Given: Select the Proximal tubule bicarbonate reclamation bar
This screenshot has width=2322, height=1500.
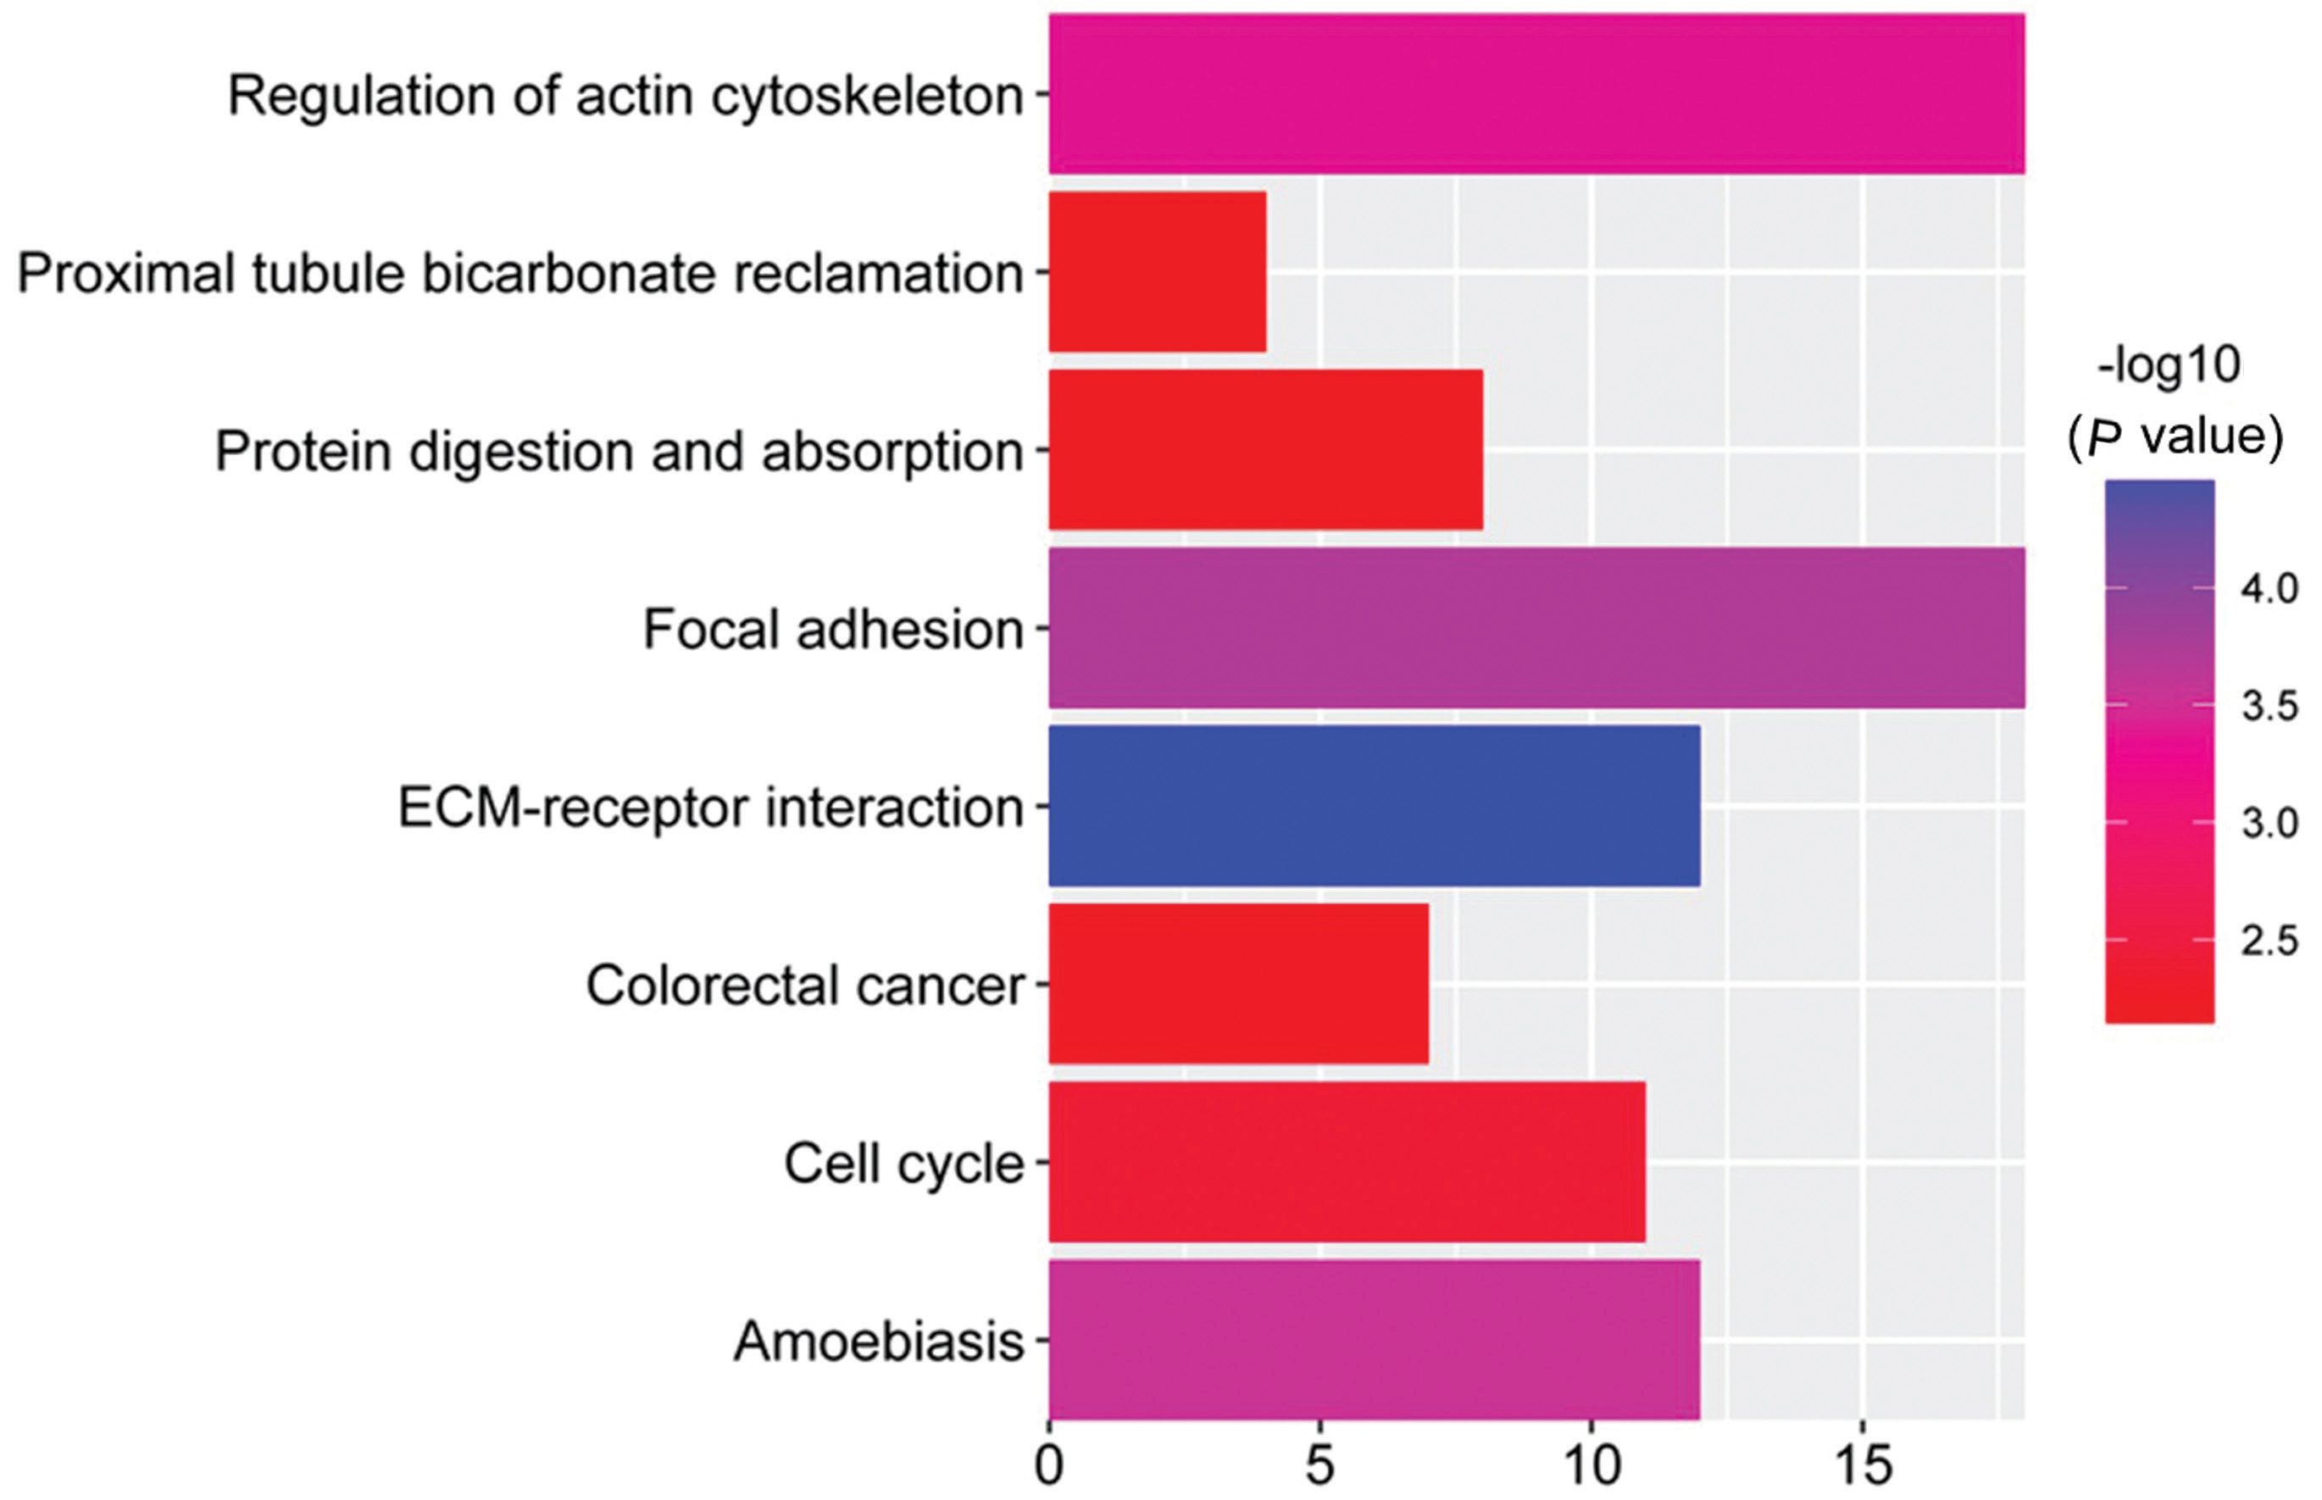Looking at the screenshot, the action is tap(1157, 272).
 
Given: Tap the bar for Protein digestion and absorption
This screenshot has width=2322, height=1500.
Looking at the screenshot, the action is tap(1265, 450).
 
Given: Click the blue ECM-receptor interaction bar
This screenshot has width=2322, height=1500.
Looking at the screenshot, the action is tap(1375, 806).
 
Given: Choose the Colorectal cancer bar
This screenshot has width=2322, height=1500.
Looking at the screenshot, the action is tap(1239, 984).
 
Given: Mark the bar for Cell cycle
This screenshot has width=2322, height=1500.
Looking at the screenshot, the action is tap(1347, 1162).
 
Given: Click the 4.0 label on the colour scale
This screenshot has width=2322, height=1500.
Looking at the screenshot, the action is tap(2269, 588).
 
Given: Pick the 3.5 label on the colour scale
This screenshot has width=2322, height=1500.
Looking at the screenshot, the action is tap(2269, 705).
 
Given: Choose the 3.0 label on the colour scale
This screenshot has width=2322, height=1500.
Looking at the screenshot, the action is tap(2269, 823).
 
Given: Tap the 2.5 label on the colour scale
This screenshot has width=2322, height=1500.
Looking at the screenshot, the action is tap(2269, 941).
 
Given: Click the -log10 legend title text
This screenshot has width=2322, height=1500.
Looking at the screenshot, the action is tap(2169, 367).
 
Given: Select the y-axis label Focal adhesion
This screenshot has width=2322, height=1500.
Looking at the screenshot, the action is tap(834, 629).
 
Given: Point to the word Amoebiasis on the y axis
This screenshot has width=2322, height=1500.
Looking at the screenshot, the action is tap(879, 1341).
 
